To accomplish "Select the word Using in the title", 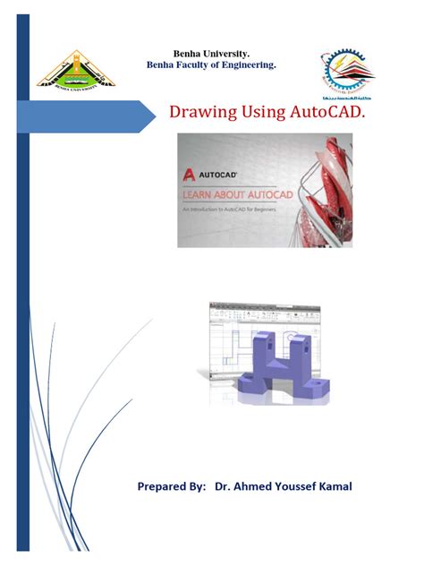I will [x=259, y=113].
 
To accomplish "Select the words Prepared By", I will [x=172, y=487].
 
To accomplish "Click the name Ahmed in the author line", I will [x=257, y=487].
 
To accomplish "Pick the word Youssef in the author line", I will [x=300, y=487].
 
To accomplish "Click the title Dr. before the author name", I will [x=224, y=487].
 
